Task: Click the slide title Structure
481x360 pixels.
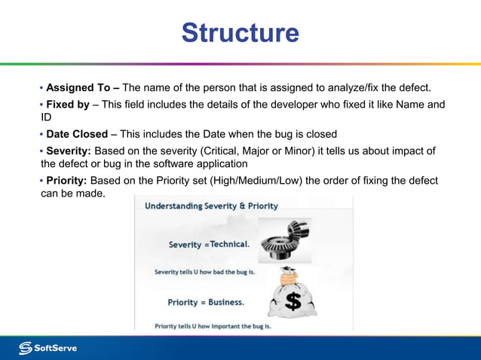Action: pyautogui.click(x=240, y=33)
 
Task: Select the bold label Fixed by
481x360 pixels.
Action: pyautogui.click(x=68, y=105)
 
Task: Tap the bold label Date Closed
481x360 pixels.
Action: pyautogui.click(x=77, y=134)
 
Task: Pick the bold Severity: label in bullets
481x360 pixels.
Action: pyautogui.click(x=69, y=151)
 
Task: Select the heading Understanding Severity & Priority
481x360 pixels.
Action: pyautogui.click(x=211, y=206)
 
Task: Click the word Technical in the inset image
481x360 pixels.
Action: pyautogui.click(x=229, y=245)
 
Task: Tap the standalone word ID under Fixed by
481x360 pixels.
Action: pyautogui.click(x=46, y=117)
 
